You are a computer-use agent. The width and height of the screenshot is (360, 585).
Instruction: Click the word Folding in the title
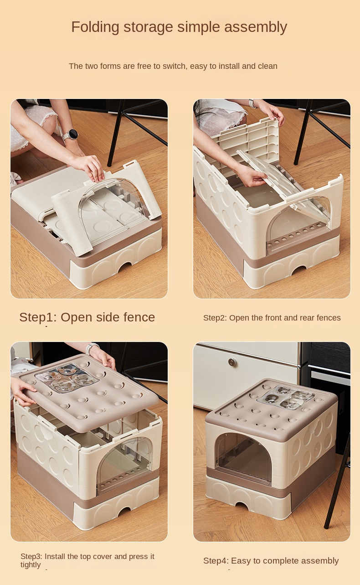(x=90, y=27)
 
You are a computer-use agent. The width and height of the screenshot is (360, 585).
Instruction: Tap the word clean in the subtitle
(x=267, y=66)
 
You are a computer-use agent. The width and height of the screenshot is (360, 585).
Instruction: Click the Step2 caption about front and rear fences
(x=272, y=318)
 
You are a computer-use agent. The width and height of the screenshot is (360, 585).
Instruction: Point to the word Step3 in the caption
(x=31, y=556)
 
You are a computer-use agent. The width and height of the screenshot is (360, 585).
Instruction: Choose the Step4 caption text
(x=271, y=561)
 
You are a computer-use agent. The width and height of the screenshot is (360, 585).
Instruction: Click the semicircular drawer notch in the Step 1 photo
(x=124, y=267)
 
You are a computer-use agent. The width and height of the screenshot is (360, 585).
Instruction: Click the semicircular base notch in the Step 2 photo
(x=299, y=270)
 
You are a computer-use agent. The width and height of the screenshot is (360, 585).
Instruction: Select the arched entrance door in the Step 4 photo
(x=242, y=458)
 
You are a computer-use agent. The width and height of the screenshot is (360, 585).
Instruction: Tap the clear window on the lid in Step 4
(x=285, y=397)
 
